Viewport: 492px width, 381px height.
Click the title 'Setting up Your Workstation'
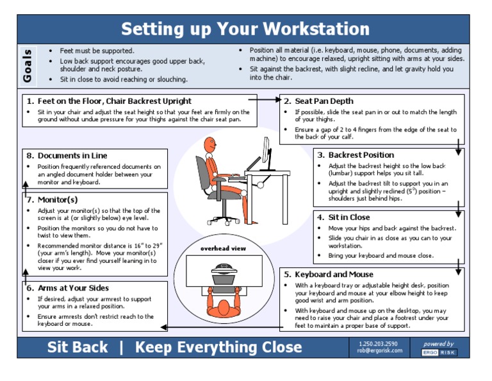click(x=245, y=30)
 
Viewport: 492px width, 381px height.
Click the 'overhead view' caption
click(x=223, y=248)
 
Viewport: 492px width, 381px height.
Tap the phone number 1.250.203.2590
click(x=378, y=343)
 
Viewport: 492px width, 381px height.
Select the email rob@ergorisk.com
click(x=380, y=351)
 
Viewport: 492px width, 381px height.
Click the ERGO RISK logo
click(x=439, y=352)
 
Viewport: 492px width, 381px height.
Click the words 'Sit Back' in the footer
click(x=78, y=347)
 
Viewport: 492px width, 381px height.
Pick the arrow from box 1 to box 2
click(x=264, y=100)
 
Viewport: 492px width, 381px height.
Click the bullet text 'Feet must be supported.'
click(x=97, y=51)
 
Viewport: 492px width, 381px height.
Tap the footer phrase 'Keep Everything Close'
click(x=218, y=347)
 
